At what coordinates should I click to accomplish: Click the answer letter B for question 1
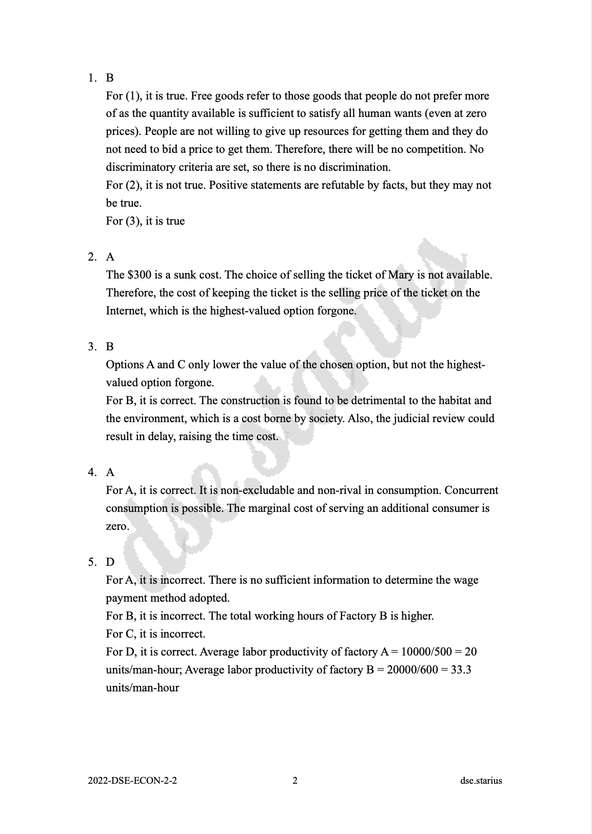110,78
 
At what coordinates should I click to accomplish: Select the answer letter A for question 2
110,257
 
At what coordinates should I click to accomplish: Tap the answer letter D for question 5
110,562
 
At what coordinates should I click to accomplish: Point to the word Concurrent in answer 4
471,490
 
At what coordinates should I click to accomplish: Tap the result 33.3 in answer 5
461,670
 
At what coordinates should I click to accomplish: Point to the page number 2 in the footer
295,781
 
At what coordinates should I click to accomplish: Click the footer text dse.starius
481,781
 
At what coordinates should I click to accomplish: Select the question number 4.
91,472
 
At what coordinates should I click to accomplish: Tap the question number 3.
91,347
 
